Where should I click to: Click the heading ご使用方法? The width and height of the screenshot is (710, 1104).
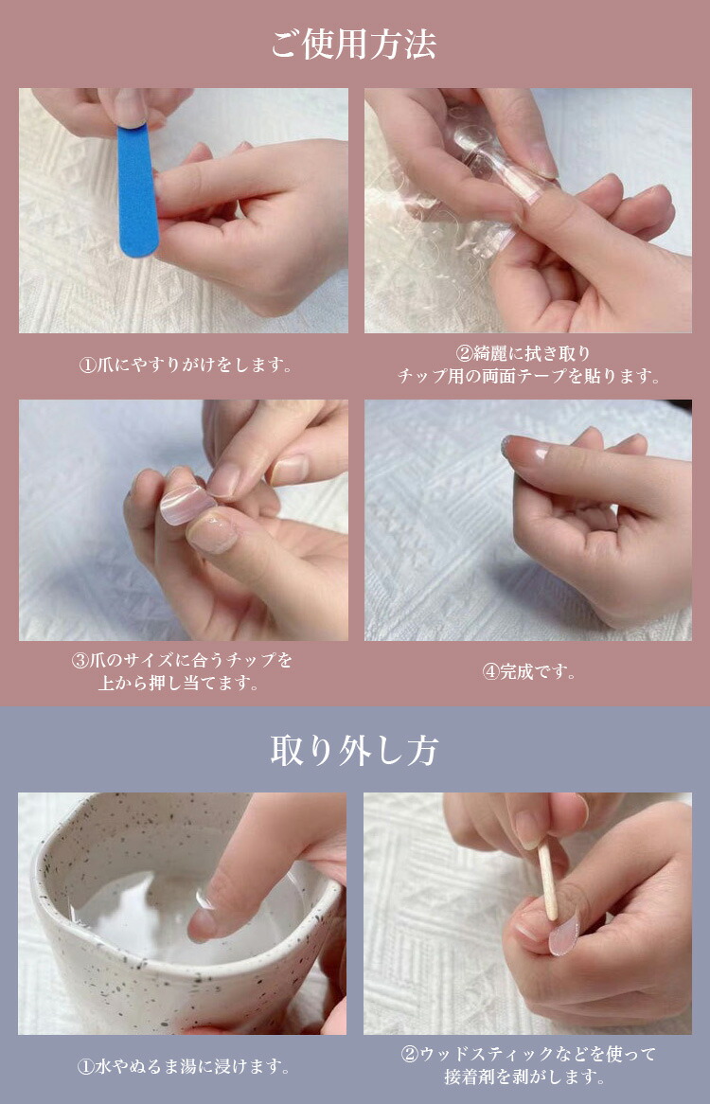click(354, 45)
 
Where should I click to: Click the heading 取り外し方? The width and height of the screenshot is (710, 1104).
click(354, 751)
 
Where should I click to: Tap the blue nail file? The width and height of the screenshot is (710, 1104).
click(137, 189)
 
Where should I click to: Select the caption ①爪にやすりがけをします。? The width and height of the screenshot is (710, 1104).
click(184, 365)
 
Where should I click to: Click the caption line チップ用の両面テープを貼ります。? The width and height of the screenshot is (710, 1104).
click(528, 376)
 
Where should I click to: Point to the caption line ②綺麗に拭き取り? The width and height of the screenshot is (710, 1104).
click(528, 353)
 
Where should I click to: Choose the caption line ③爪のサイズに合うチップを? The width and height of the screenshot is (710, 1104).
click(183, 659)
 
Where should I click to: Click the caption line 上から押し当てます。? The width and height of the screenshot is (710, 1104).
click(183, 682)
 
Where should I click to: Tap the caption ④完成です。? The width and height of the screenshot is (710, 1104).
click(528, 671)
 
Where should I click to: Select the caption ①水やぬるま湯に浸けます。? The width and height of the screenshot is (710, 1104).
click(183, 1067)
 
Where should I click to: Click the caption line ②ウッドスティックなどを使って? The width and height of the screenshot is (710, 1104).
click(528, 1054)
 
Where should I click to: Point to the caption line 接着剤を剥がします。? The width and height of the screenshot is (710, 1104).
click(528, 1077)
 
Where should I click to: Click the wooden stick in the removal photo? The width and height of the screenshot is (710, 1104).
click(548, 881)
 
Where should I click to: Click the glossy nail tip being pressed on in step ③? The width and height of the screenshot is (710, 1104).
click(187, 504)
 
